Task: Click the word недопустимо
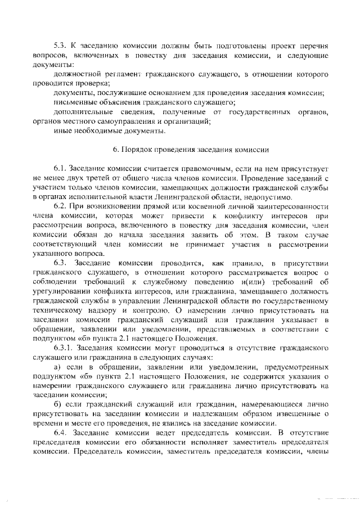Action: tap(267, 197)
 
